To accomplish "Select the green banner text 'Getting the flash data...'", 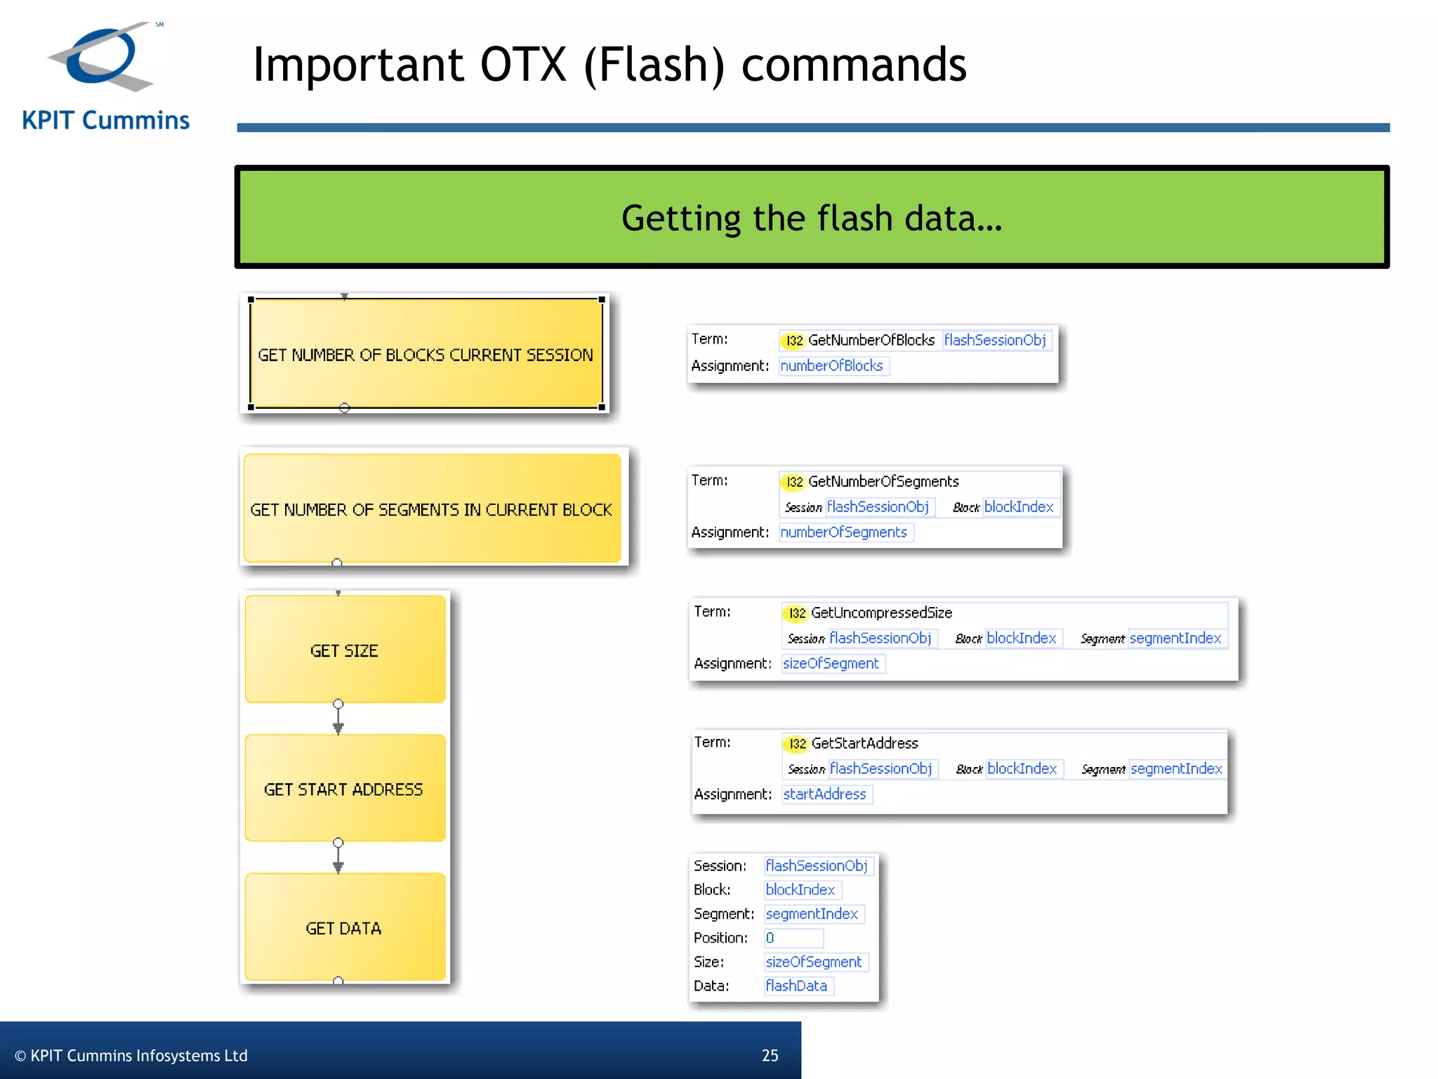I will [x=812, y=218].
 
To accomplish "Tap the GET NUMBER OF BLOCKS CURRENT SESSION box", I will [x=426, y=354].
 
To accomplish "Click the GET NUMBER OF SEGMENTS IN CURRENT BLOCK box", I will [x=431, y=509].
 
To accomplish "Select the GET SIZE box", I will [x=344, y=650].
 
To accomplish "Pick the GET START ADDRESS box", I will [x=344, y=789].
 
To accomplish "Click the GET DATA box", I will [x=344, y=927].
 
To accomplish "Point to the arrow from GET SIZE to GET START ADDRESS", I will [x=338, y=719].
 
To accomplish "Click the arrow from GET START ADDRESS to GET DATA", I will [x=338, y=858].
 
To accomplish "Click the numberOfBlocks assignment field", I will [x=833, y=366].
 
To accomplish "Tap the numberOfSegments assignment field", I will [x=845, y=532].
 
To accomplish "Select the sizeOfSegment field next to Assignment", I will [x=832, y=664].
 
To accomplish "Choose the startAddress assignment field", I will [x=826, y=794].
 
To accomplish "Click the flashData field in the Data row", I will [x=798, y=986].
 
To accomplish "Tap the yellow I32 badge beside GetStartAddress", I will [x=796, y=744].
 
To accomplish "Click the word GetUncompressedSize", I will [x=882, y=613].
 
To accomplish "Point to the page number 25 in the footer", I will [x=770, y=1055].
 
